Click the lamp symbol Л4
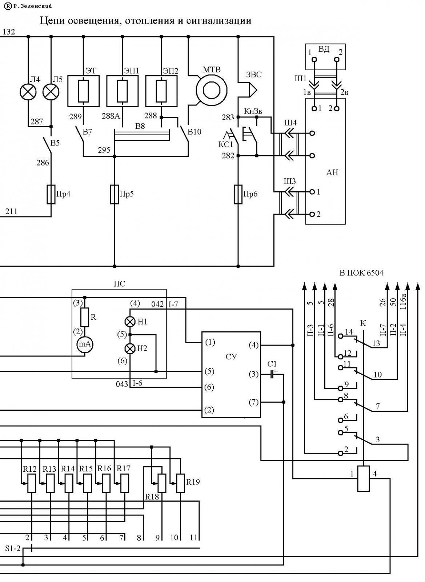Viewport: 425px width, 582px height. [28, 92]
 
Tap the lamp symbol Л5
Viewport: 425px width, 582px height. [51, 92]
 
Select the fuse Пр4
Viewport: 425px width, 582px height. [51, 194]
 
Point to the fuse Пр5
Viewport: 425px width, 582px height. [115, 194]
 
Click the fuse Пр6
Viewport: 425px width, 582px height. [238, 194]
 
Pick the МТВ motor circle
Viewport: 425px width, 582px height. [212, 91]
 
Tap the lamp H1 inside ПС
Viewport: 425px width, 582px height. [130, 322]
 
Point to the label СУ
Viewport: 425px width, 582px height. [231, 357]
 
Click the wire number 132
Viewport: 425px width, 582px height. [9, 32]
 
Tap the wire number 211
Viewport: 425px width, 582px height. [11, 211]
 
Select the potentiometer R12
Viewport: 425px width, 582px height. [32, 483]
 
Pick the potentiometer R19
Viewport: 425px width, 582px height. [180, 483]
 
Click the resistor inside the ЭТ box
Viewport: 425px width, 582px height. [83, 91]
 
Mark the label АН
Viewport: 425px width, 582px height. [332, 172]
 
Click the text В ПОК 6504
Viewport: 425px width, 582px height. [361, 273]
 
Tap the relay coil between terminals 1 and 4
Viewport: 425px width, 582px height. [364, 478]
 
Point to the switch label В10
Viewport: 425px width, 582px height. [194, 132]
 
